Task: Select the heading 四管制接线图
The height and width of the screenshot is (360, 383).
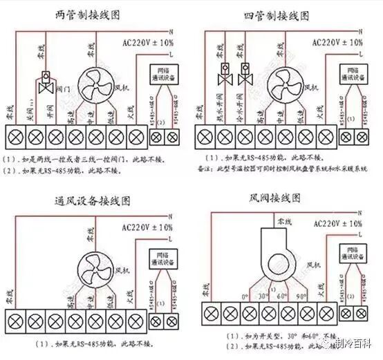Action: (277, 15)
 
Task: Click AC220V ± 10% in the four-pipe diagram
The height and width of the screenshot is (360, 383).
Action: (336, 42)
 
